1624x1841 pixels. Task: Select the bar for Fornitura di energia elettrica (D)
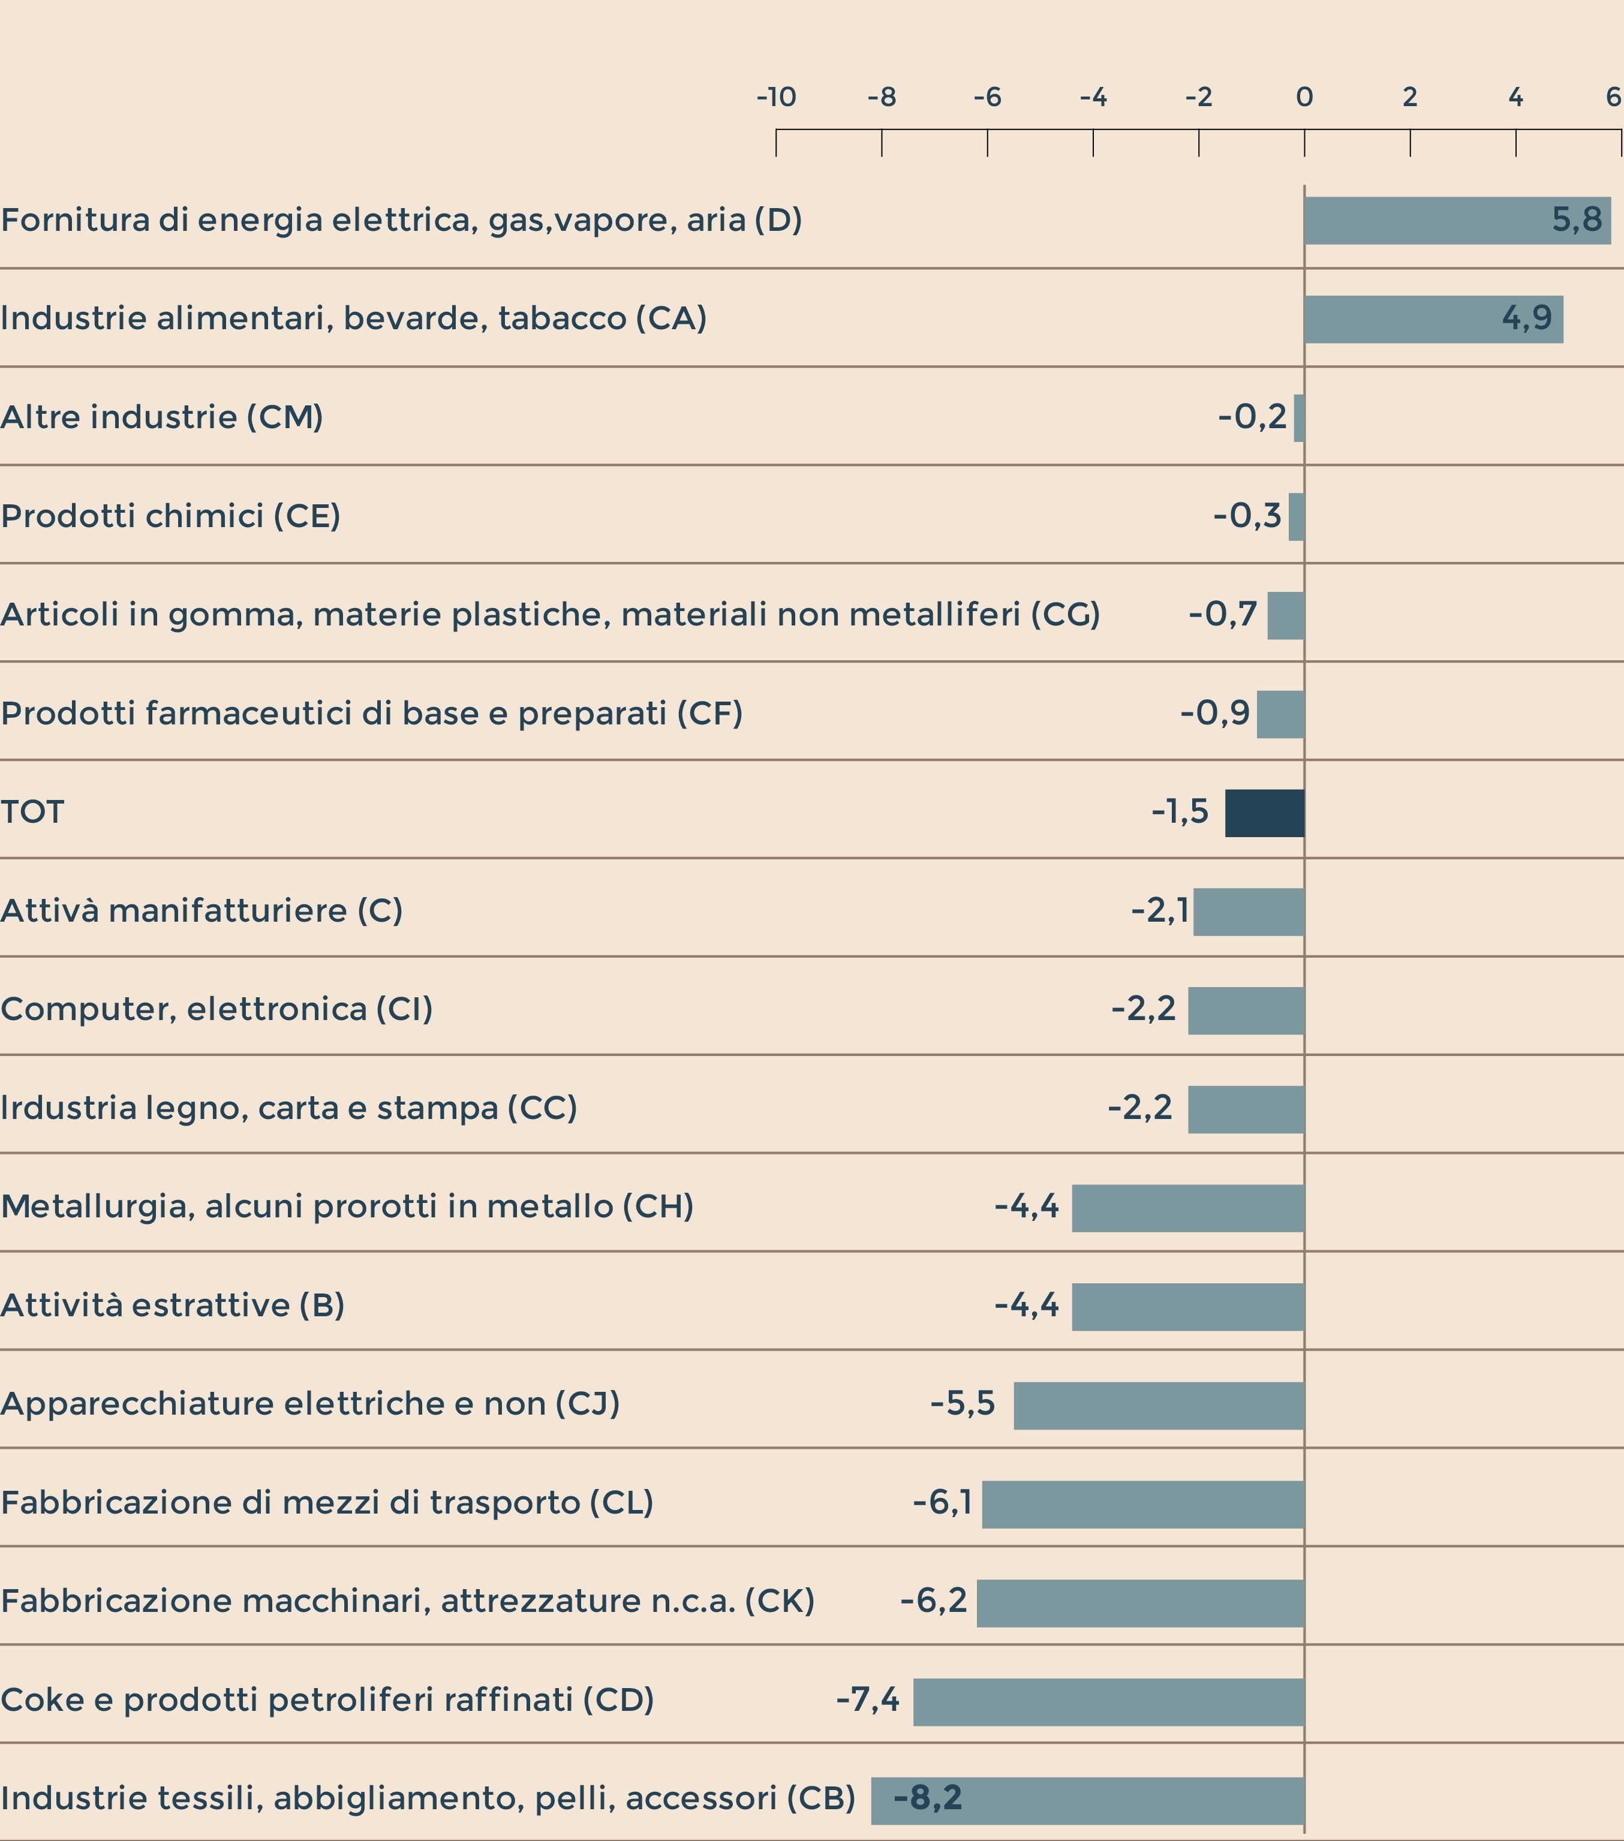tap(1457, 221)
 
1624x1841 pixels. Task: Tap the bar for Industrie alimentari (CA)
tap(1433, 320)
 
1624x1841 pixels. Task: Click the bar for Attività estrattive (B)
tap(1187, 1307)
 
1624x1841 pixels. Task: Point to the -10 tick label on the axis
tap(775, 97)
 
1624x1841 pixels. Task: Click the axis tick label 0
tap(1304, 97)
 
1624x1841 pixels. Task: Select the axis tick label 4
tap(1516, 97)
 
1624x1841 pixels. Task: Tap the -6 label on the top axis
tap(987, 97)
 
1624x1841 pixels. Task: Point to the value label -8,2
tap(928, 1798)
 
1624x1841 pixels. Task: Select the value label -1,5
tap(1180, 811)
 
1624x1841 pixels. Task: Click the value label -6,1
tap(942, 1502)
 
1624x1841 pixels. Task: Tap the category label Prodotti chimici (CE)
tap(171, 516)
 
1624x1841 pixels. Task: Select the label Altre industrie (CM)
tap(162, 417)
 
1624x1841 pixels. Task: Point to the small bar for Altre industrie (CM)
tap(1299, 418)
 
